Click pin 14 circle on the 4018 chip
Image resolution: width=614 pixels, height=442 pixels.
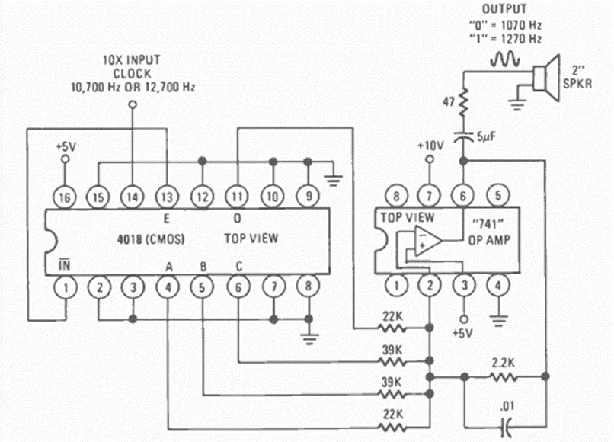tap(133, 196)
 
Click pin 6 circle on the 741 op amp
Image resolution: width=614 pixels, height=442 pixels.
tap(462, 196)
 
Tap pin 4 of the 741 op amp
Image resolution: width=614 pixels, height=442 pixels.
tap(497, 287)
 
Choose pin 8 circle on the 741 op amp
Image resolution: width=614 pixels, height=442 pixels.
tap(395, 196)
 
